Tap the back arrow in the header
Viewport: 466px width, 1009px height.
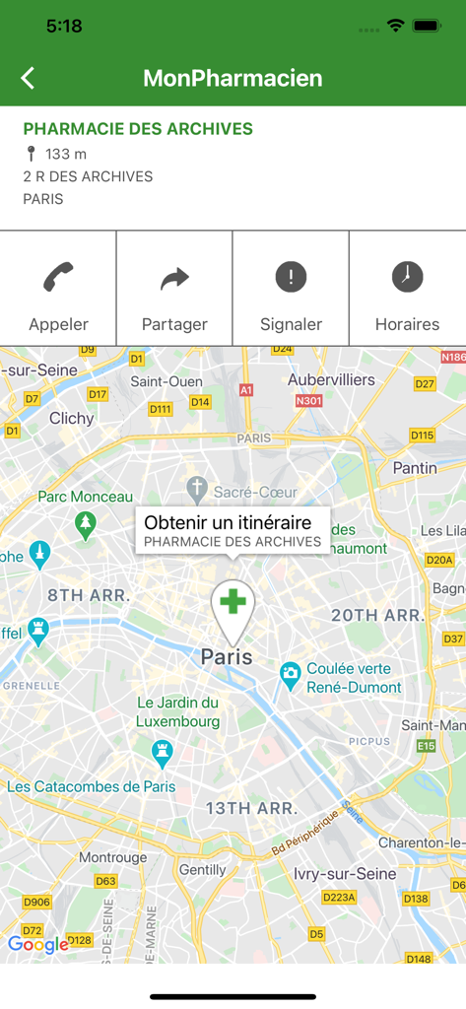click(x=28, y=79)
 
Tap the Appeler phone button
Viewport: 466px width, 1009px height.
click(x=58, y=289)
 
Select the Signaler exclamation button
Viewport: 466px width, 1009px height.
click(x=291, y=289)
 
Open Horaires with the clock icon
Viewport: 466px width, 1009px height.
click(x=407, y=289)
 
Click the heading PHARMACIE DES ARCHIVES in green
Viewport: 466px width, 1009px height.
click(x=138, y=129)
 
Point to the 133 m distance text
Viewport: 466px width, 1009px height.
click(x=65, y=154)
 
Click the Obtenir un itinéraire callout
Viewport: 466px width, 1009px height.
click(x=233, y=530)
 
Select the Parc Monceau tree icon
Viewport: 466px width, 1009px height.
click(x=86, y=521)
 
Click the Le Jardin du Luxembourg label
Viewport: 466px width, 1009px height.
click(x=177, y=711)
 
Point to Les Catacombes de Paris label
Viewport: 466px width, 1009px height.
click(x=92, y=786)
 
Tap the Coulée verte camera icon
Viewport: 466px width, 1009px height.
click(x=290, y=675)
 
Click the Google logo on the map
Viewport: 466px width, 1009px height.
click(x=38, y=945)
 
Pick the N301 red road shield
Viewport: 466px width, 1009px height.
click(x=308, y=401)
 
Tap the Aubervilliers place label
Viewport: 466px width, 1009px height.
click(x=331, y=379)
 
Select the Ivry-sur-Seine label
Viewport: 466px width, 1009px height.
click(x=345, y=873)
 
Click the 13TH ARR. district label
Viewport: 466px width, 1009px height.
click(x=250, y=808)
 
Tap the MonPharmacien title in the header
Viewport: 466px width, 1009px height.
click(x=233, y=79)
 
